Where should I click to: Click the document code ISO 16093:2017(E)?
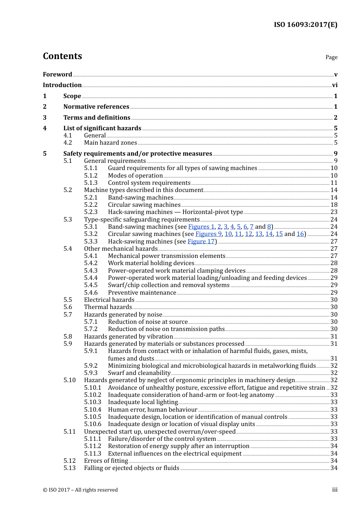click(305, 25)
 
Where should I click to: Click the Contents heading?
click(62, 56)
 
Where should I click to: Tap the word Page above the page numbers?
click(331, 57)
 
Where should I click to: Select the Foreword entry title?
click(57, 74)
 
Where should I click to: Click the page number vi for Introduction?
click(335, 85)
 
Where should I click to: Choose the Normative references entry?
click(96, 107)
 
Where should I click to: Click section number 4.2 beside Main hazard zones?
click(68, 143)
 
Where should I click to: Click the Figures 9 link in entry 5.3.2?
click(208, 234)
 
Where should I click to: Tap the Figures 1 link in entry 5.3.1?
click(201, 227)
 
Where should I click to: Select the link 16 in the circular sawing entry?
click(300, 234)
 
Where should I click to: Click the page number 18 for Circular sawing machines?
click(334, 205)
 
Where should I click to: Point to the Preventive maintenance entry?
click(142, 293)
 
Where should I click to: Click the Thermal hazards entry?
click(108, 307)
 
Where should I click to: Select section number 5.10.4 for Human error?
click(93, 410)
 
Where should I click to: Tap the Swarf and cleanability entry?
click(139, 373)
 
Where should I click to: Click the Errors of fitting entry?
click(106, 461)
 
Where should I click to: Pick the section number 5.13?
click(70, 468)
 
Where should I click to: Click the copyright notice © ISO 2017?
click(80, 490)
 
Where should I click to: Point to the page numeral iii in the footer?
click(335, 490)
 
